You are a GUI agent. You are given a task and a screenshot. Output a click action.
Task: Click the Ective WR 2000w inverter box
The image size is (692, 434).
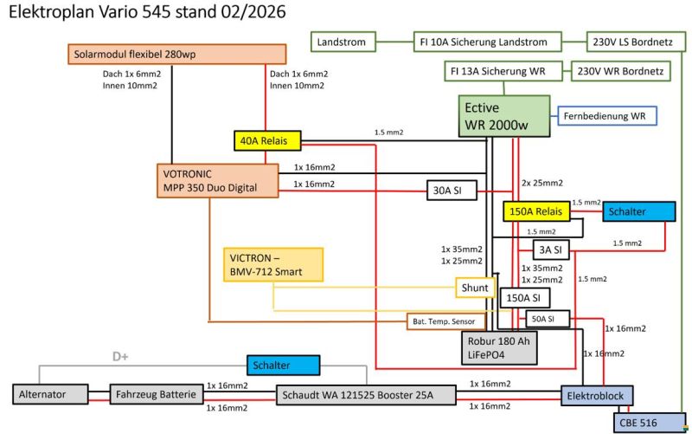point(504,115)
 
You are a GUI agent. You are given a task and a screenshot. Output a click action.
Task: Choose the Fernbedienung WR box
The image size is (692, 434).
point(608,115)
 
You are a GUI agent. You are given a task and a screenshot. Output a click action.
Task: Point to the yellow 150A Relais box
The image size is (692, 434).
point(535,211)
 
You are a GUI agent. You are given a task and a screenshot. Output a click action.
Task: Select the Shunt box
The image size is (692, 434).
point(475,288)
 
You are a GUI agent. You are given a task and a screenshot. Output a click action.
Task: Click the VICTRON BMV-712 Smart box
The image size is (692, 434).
point(272,264)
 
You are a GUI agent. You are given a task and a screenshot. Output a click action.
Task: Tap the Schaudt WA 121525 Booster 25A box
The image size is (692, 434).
point(366,395)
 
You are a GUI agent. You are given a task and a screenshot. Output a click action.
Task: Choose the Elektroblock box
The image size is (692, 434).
point(597,395)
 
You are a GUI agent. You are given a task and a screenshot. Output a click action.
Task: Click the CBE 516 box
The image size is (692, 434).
point(641,421)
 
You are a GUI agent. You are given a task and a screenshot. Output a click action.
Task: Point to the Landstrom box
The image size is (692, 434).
point(342,41)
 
